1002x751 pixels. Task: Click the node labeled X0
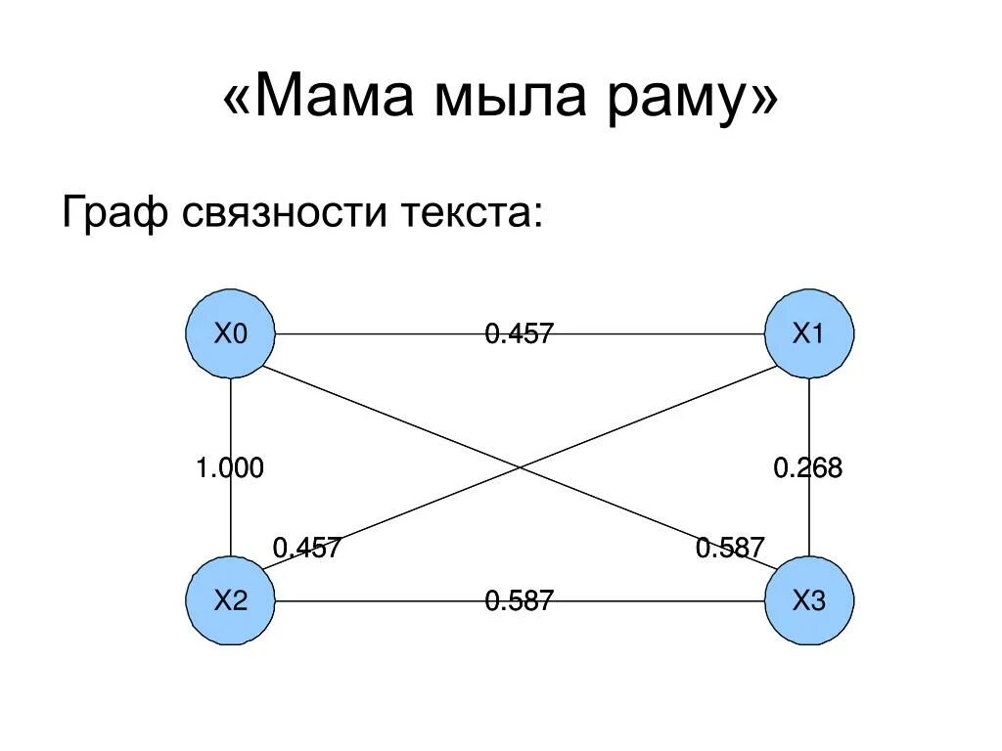[x=231, y=334]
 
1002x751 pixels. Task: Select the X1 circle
[x=809, y=334]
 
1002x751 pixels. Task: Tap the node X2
[x=231, y=600]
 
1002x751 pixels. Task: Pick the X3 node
[x=809, y=600]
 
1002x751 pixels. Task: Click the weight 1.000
[x=230, y=468]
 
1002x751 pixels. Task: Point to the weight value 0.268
[x=808, y=468]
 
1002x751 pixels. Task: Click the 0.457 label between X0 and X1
[x=520, y=334]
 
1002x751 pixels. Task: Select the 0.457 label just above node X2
[x=306, y=548]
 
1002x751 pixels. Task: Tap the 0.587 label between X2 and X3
[x=520, y=600]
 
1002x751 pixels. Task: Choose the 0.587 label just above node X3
[x=730, y=548]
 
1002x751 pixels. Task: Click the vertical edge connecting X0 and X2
[x=231, y=411]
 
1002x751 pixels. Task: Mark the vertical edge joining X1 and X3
[x=809, y=411]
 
